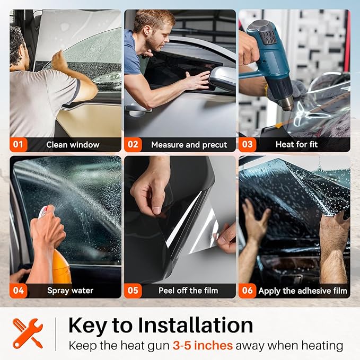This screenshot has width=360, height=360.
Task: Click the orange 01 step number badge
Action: (x=19, y=144)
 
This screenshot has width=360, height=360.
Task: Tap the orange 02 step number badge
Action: (x=133, y=144)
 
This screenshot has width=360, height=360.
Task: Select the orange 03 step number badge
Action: (x=247, y=144)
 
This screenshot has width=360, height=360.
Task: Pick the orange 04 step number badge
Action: (x=19, y=291)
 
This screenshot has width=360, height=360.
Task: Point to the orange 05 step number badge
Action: (x=133, y=291)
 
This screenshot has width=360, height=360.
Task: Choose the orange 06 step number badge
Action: (x=247, y=291)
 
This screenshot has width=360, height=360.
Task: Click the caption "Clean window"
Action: (x=73, y=145)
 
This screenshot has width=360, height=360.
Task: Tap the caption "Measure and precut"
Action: (x=189, y=145)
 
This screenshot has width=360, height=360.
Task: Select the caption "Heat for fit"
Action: (x=296, y=144)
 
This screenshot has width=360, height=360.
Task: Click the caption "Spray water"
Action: (x=71, y=291)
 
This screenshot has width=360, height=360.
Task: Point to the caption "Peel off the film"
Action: (x=188, y=291)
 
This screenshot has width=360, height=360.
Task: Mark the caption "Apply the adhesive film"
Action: (x=303, y=291)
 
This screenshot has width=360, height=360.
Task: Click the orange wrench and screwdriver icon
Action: (x=28, y=333)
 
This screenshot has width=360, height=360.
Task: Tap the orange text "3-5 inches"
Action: (x=203, y=346)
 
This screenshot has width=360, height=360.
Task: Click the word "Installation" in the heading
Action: (x=196, y=325)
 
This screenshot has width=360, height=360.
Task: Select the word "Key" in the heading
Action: (x=87, y=326)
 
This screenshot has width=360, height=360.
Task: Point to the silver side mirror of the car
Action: (x=222, y=78)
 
